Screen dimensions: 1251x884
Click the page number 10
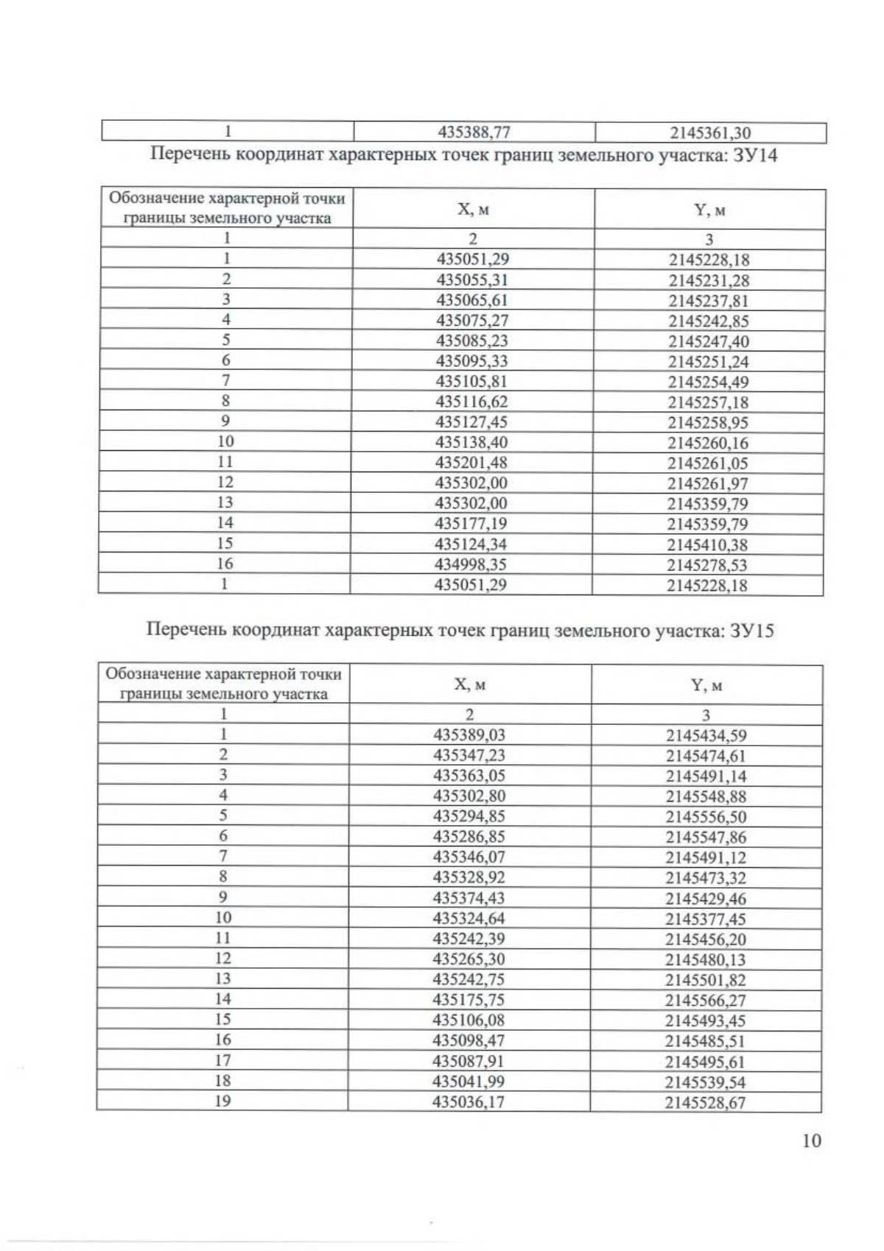point(811,1140)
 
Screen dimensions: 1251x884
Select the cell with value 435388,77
point(474,133)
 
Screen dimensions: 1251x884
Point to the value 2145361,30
point(710,133)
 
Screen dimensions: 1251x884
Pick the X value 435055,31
point(473,280)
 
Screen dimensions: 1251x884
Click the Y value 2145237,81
point(709,301)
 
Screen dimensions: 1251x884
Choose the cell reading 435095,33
point(472,361)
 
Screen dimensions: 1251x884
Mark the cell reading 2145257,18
point(708,402)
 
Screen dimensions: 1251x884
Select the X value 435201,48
point(472,463)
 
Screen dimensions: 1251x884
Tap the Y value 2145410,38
point(707,545)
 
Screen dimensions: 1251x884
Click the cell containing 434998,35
point(471,564)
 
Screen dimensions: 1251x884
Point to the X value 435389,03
point(470,735)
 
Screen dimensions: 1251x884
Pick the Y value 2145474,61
point(706,756)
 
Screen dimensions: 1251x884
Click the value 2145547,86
point(706,837)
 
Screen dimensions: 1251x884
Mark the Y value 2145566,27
point(705,1001)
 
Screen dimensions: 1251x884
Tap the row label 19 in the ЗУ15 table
point(222,1101)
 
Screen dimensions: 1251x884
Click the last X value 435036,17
point(469,1102)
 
